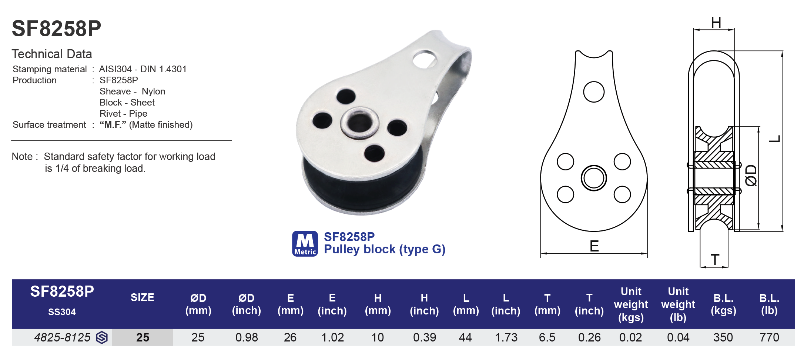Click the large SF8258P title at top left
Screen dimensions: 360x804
coord(56,29)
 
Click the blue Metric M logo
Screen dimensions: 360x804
coord(305,243)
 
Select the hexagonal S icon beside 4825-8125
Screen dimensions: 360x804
coord(102,337)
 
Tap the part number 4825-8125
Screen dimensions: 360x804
coord(62,337)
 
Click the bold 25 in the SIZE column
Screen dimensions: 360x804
coord(143,337)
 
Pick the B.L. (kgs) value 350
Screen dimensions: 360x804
coord(723,337)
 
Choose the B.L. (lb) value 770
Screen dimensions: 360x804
coord(769,337)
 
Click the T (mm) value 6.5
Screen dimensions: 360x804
coord(547,337)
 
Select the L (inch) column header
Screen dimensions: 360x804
coord(506,304)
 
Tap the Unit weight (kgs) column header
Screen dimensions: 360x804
coord(631,304)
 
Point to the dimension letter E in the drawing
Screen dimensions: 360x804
coord(594,246)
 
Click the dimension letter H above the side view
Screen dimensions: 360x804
coord(716,23)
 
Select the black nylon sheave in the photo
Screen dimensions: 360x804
coord(355,193)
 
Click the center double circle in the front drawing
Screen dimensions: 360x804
coord(594,178)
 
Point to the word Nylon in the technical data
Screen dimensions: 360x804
coord(153,91)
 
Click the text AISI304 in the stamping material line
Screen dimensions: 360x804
coord(115,69)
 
